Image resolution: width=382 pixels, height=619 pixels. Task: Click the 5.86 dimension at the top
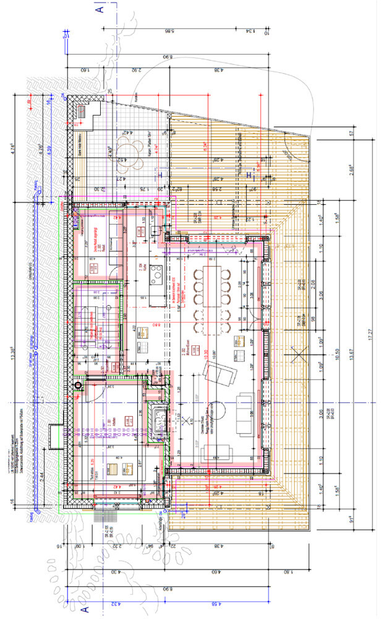(x=168, y=30)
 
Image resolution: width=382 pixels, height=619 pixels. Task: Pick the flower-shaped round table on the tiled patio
(x=132, y=150)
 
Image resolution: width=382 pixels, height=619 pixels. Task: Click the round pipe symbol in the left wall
(x=77, y=386)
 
